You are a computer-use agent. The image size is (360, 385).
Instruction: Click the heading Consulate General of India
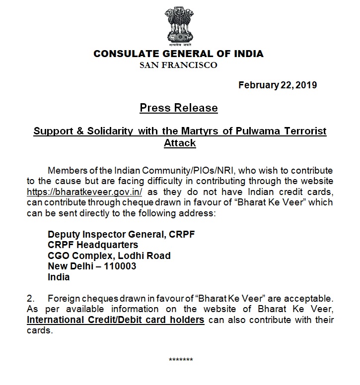pos(178,54)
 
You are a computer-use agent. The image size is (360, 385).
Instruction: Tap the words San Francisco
pos(178,65)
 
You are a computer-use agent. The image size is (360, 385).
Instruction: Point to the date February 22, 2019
pos(278,85)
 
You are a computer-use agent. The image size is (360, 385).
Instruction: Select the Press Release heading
pos(178,108)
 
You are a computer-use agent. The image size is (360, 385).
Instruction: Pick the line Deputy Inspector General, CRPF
pos(121,234)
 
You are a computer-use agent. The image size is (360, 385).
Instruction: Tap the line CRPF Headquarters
pos(93,245)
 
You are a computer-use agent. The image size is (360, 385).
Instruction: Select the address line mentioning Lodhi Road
pos(109,256)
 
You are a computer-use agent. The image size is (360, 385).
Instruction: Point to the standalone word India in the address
pos(59,277)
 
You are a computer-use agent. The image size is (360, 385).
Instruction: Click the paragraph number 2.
pos(30,299)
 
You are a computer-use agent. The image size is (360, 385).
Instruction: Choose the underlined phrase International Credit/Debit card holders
pos(116,320)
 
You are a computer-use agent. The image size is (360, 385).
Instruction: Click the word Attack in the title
pos(180,143)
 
